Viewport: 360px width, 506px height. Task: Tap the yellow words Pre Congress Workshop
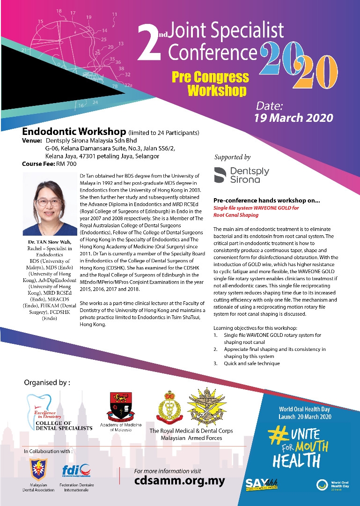(217, 83)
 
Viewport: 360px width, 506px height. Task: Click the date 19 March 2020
(294, 117)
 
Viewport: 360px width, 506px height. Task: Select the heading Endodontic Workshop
(74, 132)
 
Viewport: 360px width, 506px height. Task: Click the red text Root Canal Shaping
(235, 215)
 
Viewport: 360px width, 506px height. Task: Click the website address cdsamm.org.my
(179, 481)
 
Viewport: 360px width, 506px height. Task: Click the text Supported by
(232, 157)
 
